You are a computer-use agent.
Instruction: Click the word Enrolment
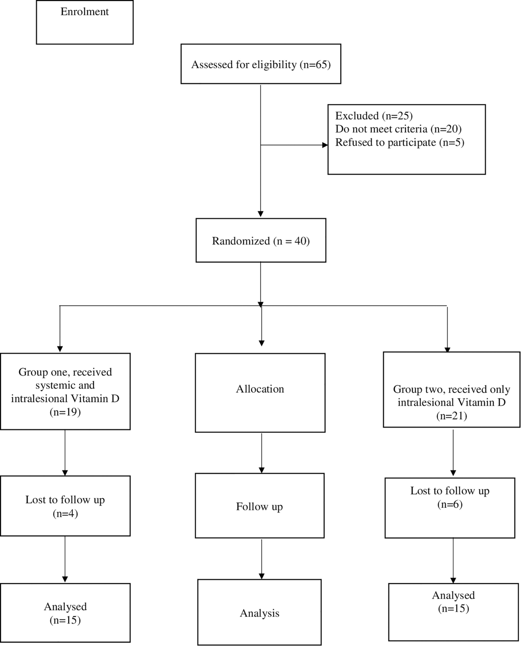85,12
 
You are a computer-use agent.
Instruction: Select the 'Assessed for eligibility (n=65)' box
261,64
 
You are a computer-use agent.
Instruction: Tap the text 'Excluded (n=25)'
374,116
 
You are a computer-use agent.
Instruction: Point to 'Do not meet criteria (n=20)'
398,129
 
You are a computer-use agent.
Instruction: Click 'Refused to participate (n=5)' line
400,142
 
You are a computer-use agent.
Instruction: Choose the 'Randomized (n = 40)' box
261,240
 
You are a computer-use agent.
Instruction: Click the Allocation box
260,393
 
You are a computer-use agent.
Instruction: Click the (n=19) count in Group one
65,412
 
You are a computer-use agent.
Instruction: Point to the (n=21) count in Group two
452,416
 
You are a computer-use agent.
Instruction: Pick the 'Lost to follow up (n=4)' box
65,506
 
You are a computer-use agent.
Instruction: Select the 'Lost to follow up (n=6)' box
450,508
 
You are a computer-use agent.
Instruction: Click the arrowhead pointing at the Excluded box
325,145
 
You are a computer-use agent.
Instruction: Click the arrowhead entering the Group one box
60,349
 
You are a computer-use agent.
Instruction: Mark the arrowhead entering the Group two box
448,350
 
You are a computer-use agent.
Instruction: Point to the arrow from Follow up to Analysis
261,559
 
